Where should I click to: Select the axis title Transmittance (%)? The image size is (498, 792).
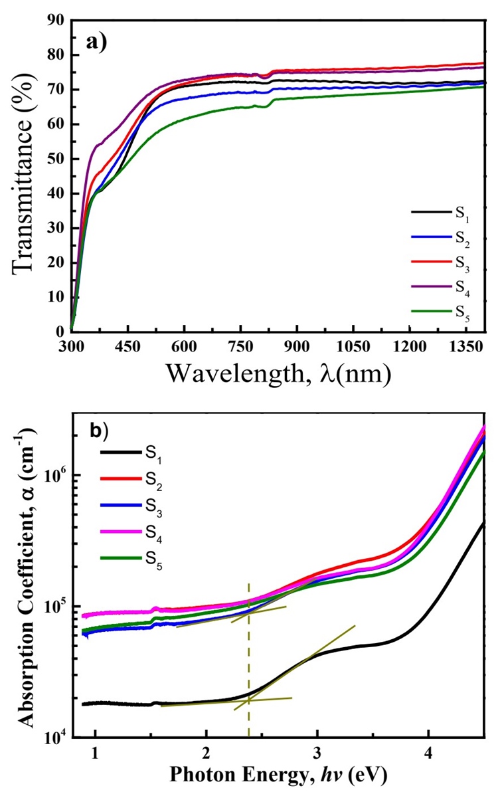[24, 175]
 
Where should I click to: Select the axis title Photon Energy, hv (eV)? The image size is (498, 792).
[279, 775]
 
